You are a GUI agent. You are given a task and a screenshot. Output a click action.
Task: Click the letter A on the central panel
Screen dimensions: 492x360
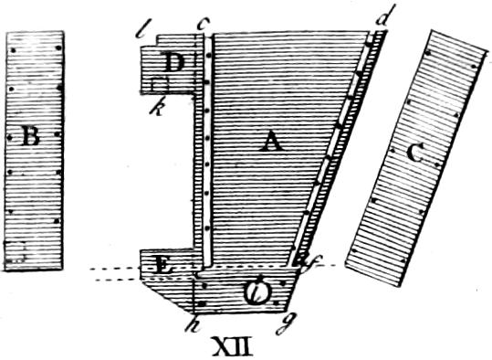269,141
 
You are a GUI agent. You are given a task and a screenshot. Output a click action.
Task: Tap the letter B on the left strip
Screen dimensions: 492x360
29,139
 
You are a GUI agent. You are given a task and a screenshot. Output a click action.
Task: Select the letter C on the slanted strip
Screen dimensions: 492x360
414,154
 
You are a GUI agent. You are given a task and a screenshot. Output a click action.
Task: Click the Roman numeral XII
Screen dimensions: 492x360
235,347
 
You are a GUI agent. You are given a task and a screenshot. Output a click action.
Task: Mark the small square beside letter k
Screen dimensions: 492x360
160,85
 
